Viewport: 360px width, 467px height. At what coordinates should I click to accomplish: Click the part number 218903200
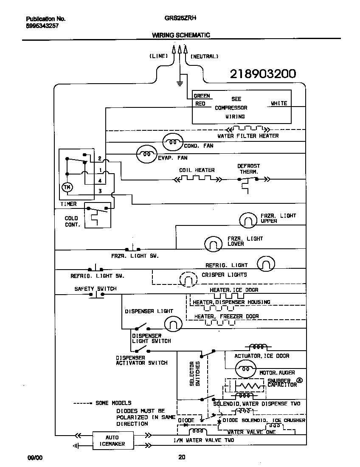tap(263, 74)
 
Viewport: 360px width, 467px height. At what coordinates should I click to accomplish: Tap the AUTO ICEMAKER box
tap(112, 440)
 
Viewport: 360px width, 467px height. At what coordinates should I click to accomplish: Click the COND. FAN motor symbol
tap(172, 141)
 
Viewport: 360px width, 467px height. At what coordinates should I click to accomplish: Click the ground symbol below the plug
tap(180, 82)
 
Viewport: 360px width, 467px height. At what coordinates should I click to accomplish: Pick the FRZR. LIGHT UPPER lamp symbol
tap(248, 219)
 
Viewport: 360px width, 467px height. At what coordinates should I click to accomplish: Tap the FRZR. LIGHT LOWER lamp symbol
tap(213, 243)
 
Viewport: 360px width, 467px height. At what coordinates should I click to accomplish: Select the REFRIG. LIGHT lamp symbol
tap(266, 264)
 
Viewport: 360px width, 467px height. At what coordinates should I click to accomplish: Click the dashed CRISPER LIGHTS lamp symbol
tap(188, 279)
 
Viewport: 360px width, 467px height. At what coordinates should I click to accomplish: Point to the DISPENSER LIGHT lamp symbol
tap(173, 324)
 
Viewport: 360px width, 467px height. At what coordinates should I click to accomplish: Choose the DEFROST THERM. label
tap(248, 169)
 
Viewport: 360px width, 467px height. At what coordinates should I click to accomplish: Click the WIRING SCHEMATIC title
tap(181, 35)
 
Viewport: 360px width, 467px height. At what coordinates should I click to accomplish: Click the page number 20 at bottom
tap(181, 457)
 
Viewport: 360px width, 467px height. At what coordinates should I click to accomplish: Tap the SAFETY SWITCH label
tap(96, 289)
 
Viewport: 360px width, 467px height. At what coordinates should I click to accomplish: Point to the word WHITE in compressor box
tap(279, 103)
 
